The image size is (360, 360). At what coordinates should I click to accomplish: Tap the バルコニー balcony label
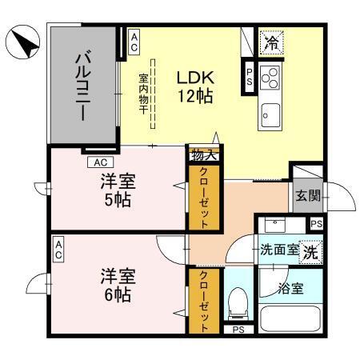coord(82,86)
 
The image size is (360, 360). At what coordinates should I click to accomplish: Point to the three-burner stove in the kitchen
coord(270,78)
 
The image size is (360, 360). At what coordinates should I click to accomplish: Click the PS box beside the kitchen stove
coord(249,77)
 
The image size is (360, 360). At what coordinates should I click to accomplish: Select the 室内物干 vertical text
coord(144,94)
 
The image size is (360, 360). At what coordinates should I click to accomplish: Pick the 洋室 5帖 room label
coord(118,189)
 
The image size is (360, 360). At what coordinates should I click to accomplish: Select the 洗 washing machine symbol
coord(310,248)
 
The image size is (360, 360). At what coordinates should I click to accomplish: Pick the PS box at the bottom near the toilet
coord(238,329)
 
